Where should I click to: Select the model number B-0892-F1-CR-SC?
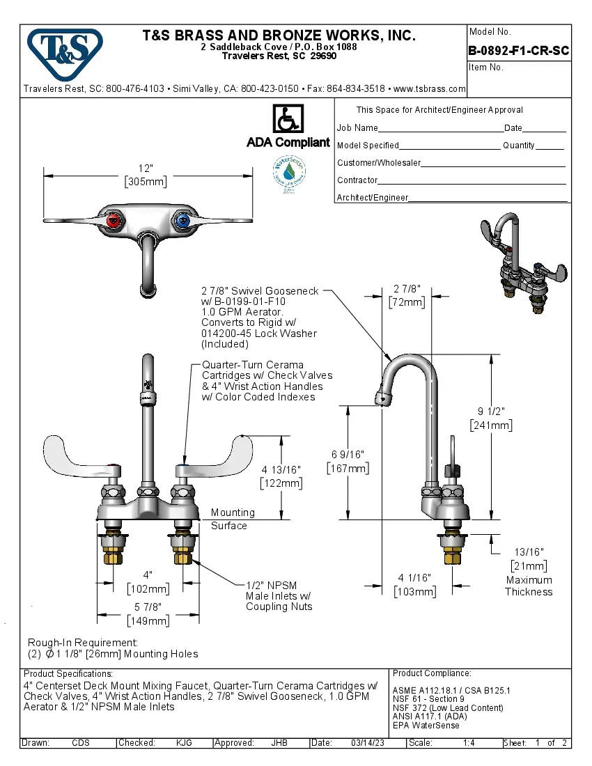pyautogui.click(x=519, y=51)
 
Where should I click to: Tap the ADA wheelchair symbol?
pyautogui.click(x=288, y=119)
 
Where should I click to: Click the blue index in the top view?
pyautogui.click(x=181, y=222)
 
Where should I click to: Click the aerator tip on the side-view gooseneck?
pyautogui.click(x=382, y=399)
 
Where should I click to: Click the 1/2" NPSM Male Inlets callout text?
pyautogui.click(x=279, y=595)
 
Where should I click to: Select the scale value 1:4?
pyautogui.click(x=469, y=743)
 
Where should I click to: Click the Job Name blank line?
pyautogui.click(x=441, y=128)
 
